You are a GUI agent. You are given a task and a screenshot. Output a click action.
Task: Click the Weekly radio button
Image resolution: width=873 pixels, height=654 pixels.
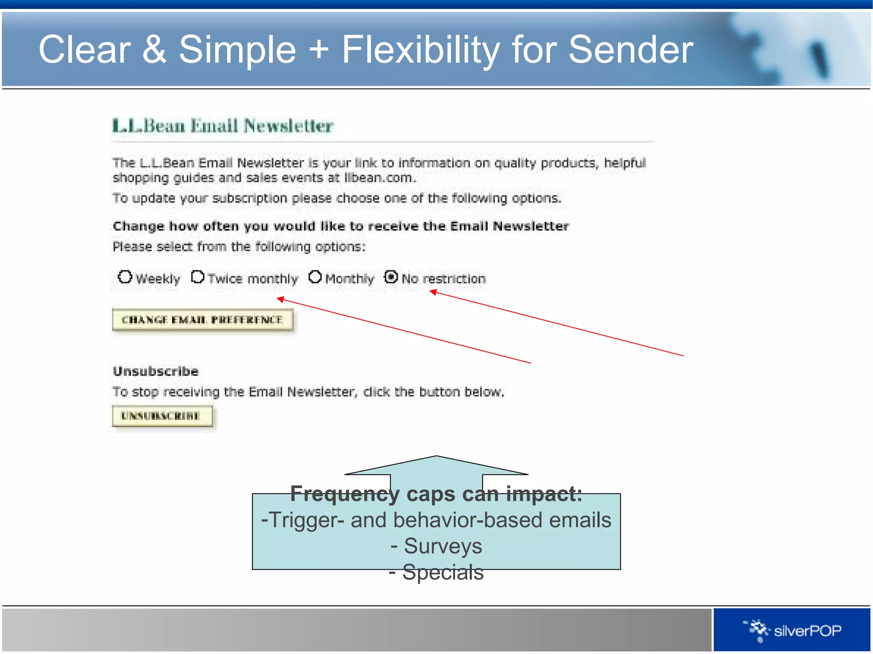coord(125,277)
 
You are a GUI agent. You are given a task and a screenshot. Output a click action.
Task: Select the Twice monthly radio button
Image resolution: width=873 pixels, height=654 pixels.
coord(198,277)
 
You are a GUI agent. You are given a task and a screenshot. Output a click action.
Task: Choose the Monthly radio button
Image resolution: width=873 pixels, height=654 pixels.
coord(315,277)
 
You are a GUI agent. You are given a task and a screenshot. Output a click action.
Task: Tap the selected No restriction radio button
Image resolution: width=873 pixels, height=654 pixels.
coord(390,277)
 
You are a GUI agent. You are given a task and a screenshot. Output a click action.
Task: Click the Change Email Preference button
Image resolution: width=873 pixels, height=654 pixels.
coord(202,320)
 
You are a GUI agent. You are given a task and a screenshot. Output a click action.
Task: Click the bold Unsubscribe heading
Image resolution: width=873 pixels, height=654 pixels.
coord(156,371)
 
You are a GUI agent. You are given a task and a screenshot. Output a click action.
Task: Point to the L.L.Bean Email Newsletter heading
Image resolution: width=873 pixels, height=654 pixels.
coord(222,126)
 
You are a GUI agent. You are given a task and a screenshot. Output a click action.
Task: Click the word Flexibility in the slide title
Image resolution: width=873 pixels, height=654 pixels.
coord(421,50)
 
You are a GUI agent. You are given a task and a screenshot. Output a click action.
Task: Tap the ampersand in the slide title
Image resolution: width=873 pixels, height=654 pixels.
coord(154,50)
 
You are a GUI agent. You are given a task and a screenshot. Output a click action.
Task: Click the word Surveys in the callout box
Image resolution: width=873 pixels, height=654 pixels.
coord(442,546)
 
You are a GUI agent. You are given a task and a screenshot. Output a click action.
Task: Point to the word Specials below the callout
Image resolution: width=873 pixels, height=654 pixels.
coord(442,572)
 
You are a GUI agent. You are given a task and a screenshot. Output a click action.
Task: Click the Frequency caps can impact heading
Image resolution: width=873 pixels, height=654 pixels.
coord(436,494)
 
